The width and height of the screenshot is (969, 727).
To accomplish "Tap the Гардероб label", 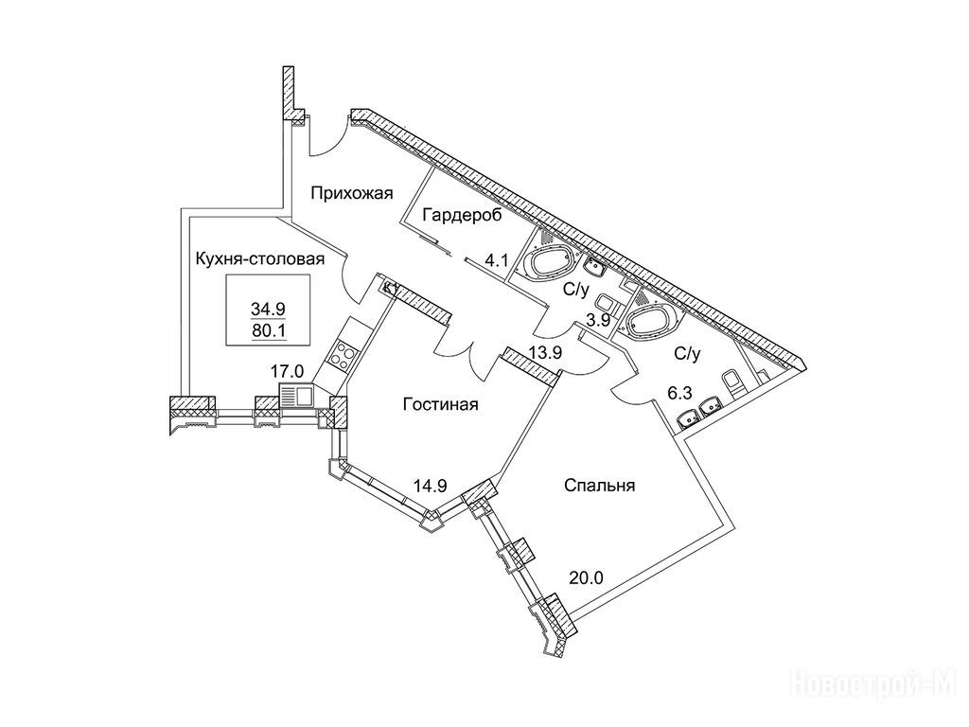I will [x=461, y=214].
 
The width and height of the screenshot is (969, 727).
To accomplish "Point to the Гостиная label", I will [x=440, y=404].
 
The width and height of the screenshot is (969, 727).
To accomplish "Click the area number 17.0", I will [x=287, y=372].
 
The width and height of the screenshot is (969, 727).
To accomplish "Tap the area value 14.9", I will [x=429, y=487].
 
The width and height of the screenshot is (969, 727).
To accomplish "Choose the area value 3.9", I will [x=598, y=321].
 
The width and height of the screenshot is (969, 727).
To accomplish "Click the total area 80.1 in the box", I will [x=269, y=330].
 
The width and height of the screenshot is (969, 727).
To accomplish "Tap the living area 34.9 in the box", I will [x=269, y=308].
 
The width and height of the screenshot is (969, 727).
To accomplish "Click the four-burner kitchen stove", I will [x=341, y=358].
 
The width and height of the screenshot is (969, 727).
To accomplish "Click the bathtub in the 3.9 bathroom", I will [x=547, y=263].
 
